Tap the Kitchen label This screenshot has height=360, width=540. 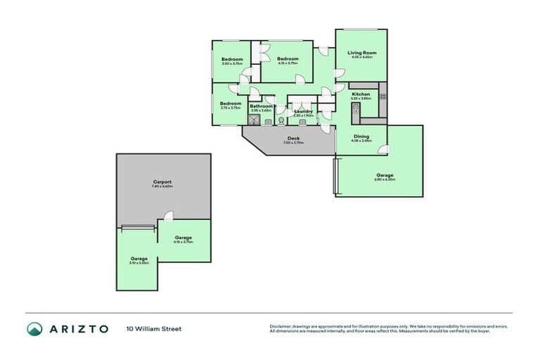pyautogui.click(x=361, y=94)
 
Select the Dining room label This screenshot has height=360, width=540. pyautogui.click(x=361, y=136)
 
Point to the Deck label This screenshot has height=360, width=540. pyautogui.click(x=293, y=139)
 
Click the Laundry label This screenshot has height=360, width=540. pyautogui.click(x=303, y=111)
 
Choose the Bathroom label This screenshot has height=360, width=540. pyautogui.click(x=261, y=106)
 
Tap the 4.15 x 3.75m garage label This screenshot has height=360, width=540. pyautogui.click(x=183, y=238)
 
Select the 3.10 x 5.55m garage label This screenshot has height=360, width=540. pyautogui.click(x=139, y=259)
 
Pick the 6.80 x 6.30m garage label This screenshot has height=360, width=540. pyautogui.click(x=385, y=175)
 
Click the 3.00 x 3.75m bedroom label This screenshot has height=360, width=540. pyautogui.click(x=232, y=59)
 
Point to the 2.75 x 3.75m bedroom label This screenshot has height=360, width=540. pyautogui.click(x=231, y=103)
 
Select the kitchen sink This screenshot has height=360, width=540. pyautogui.click(x=356, y=110)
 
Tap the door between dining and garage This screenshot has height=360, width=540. pyautogui.click(x=382, y=148)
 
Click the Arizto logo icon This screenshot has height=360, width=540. pyautogui.click(x=35, y=328)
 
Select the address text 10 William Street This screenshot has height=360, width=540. pyautogui.click(x=154, y=328)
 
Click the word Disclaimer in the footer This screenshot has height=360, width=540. pyautogui.click(x=280, y=326)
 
